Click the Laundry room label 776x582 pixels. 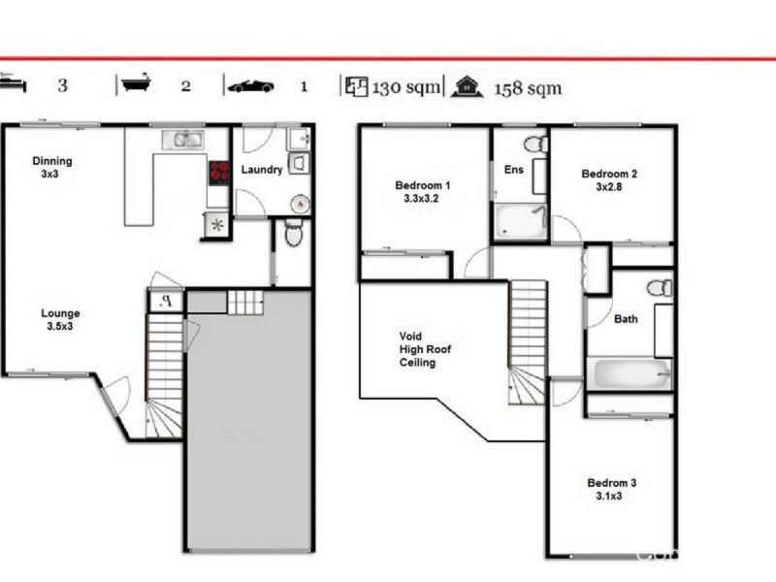click(x=262, y=170)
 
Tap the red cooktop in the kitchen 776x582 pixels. click(x=219, y=173)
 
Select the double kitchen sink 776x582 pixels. click(x=182, y=140)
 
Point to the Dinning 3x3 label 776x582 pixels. click(x=51, y=168)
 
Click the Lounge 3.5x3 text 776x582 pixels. click(x=60, y=320)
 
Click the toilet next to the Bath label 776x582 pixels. click(x=660, y=288)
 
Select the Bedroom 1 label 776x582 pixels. click(x=422, y=192)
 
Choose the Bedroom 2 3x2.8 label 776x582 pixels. click(x=609, y=180)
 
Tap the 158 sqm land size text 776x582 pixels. click(x=528, y=87)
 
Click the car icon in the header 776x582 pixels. click(x=250, y=86)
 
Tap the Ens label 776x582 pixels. click(x=513, y=169)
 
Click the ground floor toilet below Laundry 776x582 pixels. click(x=294, y=234)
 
